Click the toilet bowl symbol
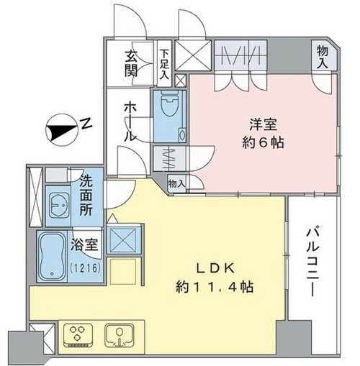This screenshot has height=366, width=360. point(169,104)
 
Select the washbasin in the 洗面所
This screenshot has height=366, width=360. point(58,205)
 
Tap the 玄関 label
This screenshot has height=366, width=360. point(130,65)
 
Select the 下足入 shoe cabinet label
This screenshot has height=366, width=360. point(164,64)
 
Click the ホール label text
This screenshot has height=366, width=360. point(130,122)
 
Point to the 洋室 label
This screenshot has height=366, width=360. point(264,124)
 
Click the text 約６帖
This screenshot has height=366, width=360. point(264,142)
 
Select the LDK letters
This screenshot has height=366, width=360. point(215,269)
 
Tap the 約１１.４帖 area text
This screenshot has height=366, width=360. point(215,287)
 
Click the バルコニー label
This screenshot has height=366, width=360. point(312,262)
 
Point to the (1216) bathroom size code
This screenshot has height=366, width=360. point(85,268)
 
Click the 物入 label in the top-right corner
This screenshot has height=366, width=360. point(322,58)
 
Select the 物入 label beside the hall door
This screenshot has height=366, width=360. point(176,184)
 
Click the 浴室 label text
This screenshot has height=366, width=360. point(84,245)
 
